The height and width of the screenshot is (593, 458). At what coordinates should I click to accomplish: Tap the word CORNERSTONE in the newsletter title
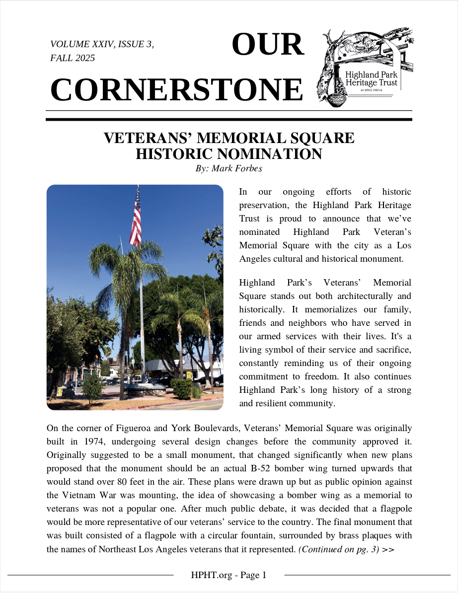click(176, 90)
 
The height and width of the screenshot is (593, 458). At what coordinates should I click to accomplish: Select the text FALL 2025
click(73, 58)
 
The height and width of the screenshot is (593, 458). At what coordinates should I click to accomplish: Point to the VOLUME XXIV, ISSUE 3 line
click(102, 44)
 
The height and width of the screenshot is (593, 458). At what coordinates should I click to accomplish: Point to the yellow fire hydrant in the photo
click(60, 392)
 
